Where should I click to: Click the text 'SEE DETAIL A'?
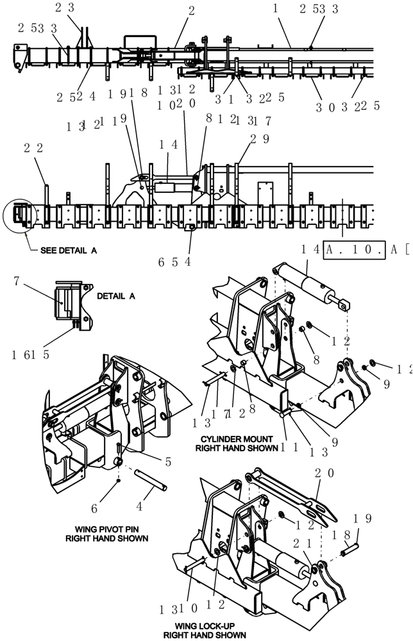tap(69, 251)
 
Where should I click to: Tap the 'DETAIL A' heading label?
tap(116, 297)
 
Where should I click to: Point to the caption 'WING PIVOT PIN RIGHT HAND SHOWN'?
tap(107, 533)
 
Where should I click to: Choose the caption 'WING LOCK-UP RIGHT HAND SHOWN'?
tap(205, 629)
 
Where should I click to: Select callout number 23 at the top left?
tap(74, 8)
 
